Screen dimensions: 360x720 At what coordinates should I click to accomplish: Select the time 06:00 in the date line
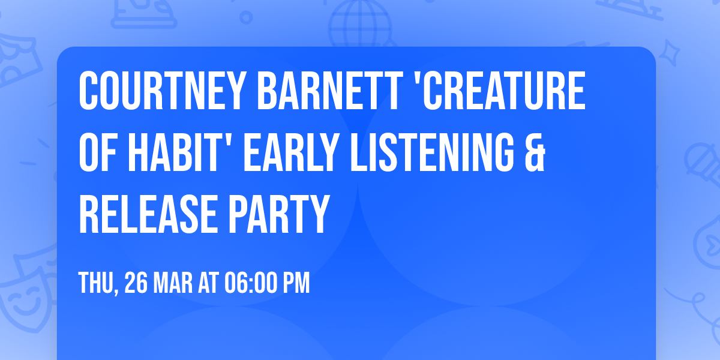[x=251, y=283]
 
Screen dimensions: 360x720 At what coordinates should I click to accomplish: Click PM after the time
[x=297, y=283]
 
